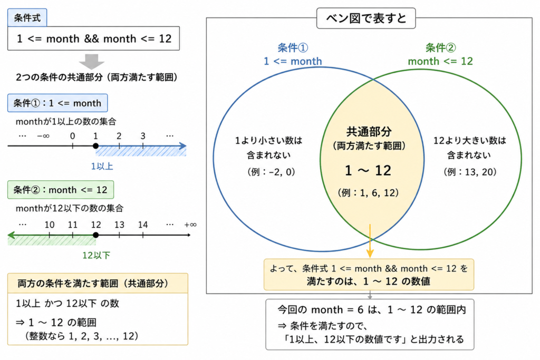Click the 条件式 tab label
pos(27,18)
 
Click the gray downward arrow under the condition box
pos(92,61)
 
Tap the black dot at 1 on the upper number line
pos(96,146)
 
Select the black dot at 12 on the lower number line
pos(96,235)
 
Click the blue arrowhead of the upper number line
pos(183,146)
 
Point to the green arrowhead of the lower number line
pos(12,235)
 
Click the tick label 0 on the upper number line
pos(72,136)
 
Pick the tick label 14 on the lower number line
pos(143,225)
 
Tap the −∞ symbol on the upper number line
pos(43,136)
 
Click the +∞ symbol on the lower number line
pos(190,225)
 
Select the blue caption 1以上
pos(102,166)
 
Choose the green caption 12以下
pos(96,255)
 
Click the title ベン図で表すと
pos(366,18)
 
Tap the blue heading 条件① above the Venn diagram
pos(293,47)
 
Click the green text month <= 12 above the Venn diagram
pos(440,61)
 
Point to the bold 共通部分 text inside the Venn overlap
pos(369,131)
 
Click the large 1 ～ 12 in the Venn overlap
pos(368,170)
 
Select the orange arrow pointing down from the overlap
pos(370,241)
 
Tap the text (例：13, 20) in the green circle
pos(470,172)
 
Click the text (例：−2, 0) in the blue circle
pos(271,172)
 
